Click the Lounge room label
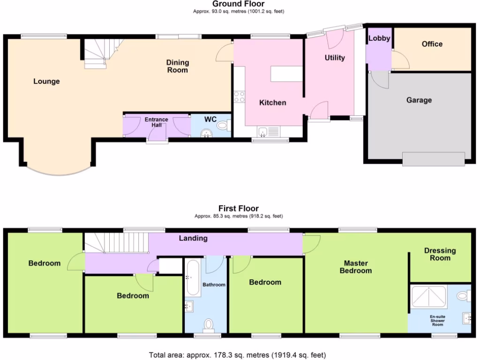coord(46,82)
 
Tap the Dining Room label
coord(177,66)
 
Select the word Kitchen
coord(272,103)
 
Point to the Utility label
coord(335,58)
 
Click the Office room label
coord(432,44)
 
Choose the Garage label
coord(419,100)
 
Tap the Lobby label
coord(379,38)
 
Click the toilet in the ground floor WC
coord(224,125)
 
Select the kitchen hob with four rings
coord(239,97)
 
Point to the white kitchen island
coord(285,74)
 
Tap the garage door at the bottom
coord(433,159)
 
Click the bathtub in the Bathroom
coord(193,277)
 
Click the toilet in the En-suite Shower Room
coord(463,296)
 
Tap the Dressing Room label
coord(440,254)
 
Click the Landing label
coord(193,238)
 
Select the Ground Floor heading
coord(238,4)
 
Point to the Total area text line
coord(237,355)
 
